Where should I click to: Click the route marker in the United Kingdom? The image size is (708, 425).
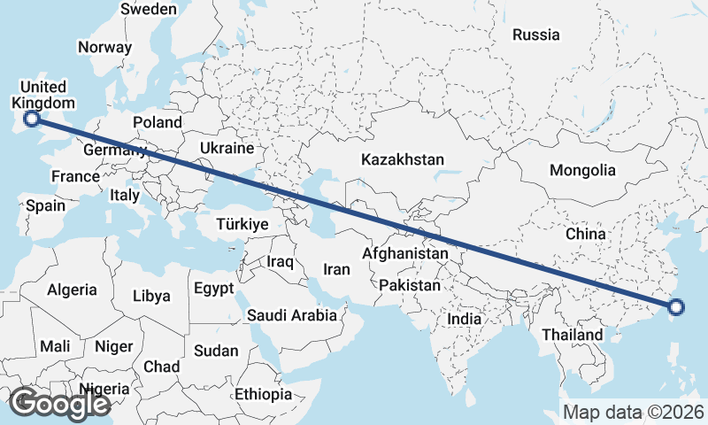click(x=32, y=118)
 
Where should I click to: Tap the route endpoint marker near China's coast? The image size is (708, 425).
click(x=676, y=308)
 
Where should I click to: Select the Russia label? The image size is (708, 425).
click(x=536, y=35)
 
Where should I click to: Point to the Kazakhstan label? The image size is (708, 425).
click(x=402, y=160)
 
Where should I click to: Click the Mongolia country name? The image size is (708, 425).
click(x=581, y=171)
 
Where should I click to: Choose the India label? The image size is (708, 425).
click(x=464, y=319)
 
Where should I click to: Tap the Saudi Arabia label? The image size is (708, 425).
click(x=292, y=315)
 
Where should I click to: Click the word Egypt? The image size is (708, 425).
click(x=213, y=289)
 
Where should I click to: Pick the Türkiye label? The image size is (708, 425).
click(x=242, y=226)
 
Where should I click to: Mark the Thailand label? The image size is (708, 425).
click(x=573, y=336)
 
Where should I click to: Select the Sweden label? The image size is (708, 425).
click(x=149, y=9)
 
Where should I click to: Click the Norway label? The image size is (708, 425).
click(x=104, y=48)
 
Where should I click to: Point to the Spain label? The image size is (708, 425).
click(x=45, y=206)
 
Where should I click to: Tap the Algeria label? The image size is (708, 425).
click(x=72, y=290)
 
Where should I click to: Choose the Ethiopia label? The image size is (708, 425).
click(x=264, y=394)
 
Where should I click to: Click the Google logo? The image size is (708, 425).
click(x=59, y=404)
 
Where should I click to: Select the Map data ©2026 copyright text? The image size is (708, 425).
click(x=634, y=412)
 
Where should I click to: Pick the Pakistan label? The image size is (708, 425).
click(x=409, y=286)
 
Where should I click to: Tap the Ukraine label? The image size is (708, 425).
click(x=227, y=148)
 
